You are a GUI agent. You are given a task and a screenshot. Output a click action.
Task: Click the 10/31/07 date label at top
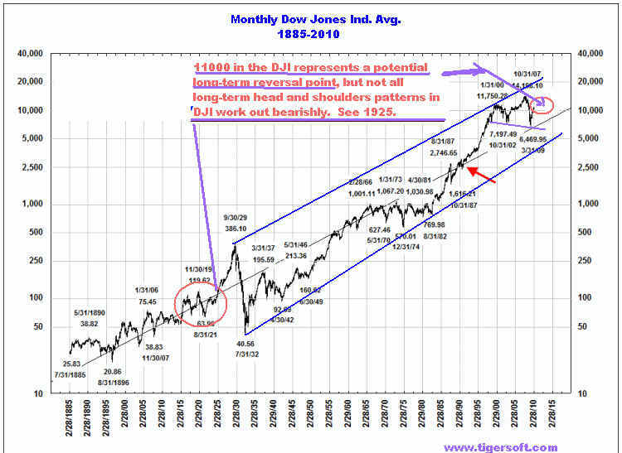pos(528,74)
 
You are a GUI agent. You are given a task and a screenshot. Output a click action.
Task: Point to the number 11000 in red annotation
pos(211,66)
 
